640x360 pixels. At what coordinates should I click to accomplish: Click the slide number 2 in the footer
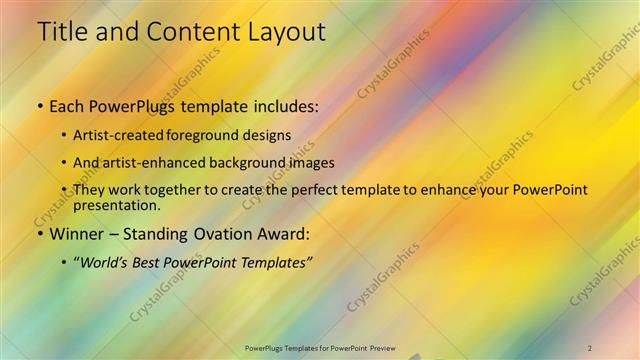tap(590, 348)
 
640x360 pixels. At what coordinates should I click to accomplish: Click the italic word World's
tap(109, 263)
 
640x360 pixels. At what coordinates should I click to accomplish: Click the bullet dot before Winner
tap(39, 235)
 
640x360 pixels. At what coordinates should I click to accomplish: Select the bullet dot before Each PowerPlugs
tap(39, 105)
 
